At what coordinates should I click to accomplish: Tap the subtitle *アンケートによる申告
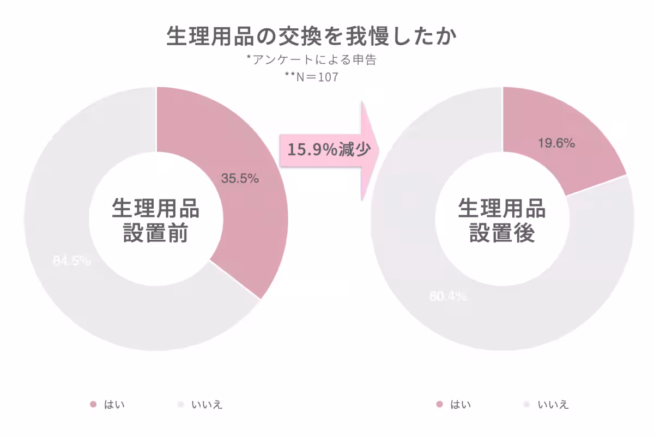[311, 60]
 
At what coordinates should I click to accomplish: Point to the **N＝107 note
[311, 77]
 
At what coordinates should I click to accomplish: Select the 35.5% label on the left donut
[240, 178]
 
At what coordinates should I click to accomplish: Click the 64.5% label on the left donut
[72, 261]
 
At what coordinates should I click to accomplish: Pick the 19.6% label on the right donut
[556, 144]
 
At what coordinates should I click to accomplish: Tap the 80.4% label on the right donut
[448, 296]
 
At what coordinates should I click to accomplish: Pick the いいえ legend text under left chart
[207, 405]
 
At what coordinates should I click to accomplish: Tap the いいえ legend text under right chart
[553, 405]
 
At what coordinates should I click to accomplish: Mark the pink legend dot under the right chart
[440, 404]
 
